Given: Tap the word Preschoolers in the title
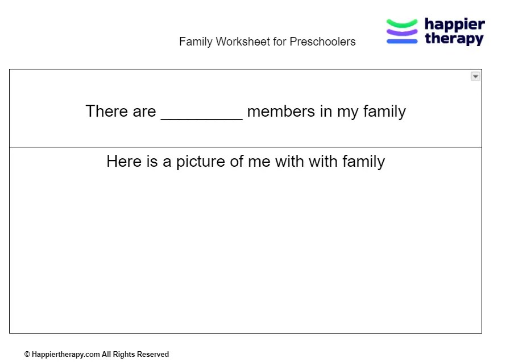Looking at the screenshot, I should tap(322, 42).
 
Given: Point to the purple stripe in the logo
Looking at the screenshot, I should tap(402, 32).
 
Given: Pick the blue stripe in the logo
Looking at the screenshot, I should tap(402, 41).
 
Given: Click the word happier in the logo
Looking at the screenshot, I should tap(454, 24).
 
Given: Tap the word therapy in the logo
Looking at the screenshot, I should tap(454, 39).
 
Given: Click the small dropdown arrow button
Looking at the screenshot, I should tap(475, 76).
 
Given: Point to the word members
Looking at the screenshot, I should tap(281, 111).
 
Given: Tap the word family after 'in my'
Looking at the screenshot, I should tap(384, 111).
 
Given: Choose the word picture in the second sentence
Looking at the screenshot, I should tap(201, 162).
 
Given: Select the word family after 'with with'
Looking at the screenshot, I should tap(363, 162).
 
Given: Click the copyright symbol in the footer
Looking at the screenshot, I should tap(27, 354).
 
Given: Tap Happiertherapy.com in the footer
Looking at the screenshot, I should tap(65, 354).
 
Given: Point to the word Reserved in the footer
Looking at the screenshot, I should tap(152, 354).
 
